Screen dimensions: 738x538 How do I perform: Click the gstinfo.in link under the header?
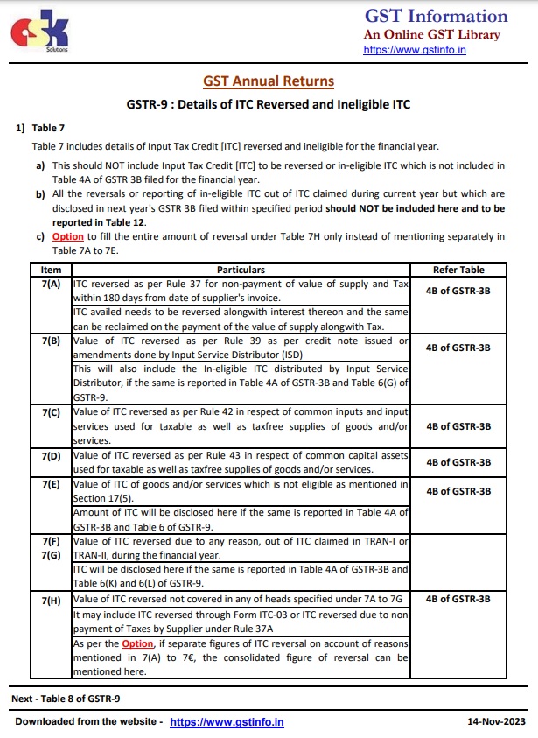tap(414, 51)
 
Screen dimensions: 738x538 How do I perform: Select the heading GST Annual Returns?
tap(269, 81)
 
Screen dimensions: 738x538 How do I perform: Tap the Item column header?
tap(52, 270)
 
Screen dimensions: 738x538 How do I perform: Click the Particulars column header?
tap(241, 270)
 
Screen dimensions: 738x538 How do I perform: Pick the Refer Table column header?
tap(458, 270)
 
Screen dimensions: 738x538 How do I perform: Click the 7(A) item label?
tap(52, 284)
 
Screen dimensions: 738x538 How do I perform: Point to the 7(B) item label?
tap(52, 341)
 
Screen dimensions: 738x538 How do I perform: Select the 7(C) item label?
tap(52, 411)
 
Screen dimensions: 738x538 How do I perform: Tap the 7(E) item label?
tap(52, 483)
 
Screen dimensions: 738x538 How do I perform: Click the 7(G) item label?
tap(52, 554)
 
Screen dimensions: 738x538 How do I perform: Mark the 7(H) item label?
tap(52, 600)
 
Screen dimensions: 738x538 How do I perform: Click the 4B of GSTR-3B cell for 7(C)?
tap(458, 426)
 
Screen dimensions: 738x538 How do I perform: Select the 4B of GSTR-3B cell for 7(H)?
tap(458, 600)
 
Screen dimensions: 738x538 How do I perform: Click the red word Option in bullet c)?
tap(68, 237)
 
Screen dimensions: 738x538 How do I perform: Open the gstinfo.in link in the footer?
tap(227, 722)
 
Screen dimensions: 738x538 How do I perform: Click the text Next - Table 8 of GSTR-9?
tap(66, 698)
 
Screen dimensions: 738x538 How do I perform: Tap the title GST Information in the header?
tap(436, 17)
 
